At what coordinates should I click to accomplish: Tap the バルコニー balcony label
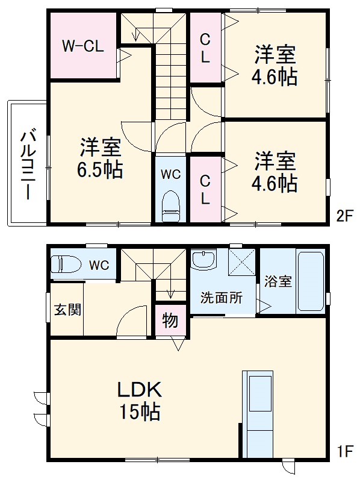[x=27, y=163]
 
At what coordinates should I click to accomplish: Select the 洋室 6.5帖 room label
[x=100, y=158]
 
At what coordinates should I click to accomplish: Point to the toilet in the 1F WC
[x=66, y=264]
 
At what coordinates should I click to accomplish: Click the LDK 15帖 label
[x=140, y=401]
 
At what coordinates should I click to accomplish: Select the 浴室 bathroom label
[x=277, y=281]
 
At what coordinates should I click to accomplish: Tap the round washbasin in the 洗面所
[x=203, y=260]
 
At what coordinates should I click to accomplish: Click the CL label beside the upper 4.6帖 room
[x=205, y=48]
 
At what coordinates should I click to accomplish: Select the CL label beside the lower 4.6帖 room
[x=205, y=190]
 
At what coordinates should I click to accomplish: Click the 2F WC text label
[x=170, y=175]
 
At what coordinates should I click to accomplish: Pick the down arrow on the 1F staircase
[x=170, y=293]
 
